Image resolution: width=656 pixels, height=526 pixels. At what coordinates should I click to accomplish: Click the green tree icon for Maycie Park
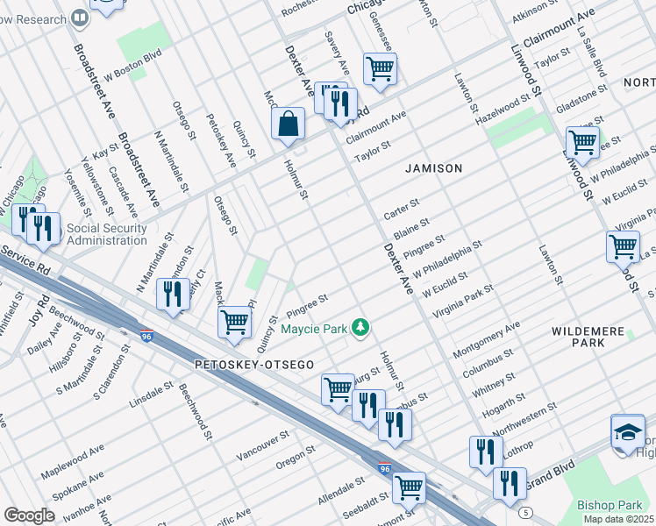(360, 328)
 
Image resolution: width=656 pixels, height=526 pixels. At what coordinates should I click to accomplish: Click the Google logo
(29, 515)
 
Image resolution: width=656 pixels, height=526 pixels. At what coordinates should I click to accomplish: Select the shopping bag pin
(288, 126)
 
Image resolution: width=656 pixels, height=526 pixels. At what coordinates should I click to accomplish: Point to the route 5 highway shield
(524, 511)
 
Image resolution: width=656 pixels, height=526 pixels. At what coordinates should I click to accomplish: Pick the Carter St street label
(401, 209)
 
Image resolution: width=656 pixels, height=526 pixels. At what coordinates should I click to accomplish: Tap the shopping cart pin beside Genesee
(380, 68)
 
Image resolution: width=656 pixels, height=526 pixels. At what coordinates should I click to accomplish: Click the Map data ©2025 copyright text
(618, 519)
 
